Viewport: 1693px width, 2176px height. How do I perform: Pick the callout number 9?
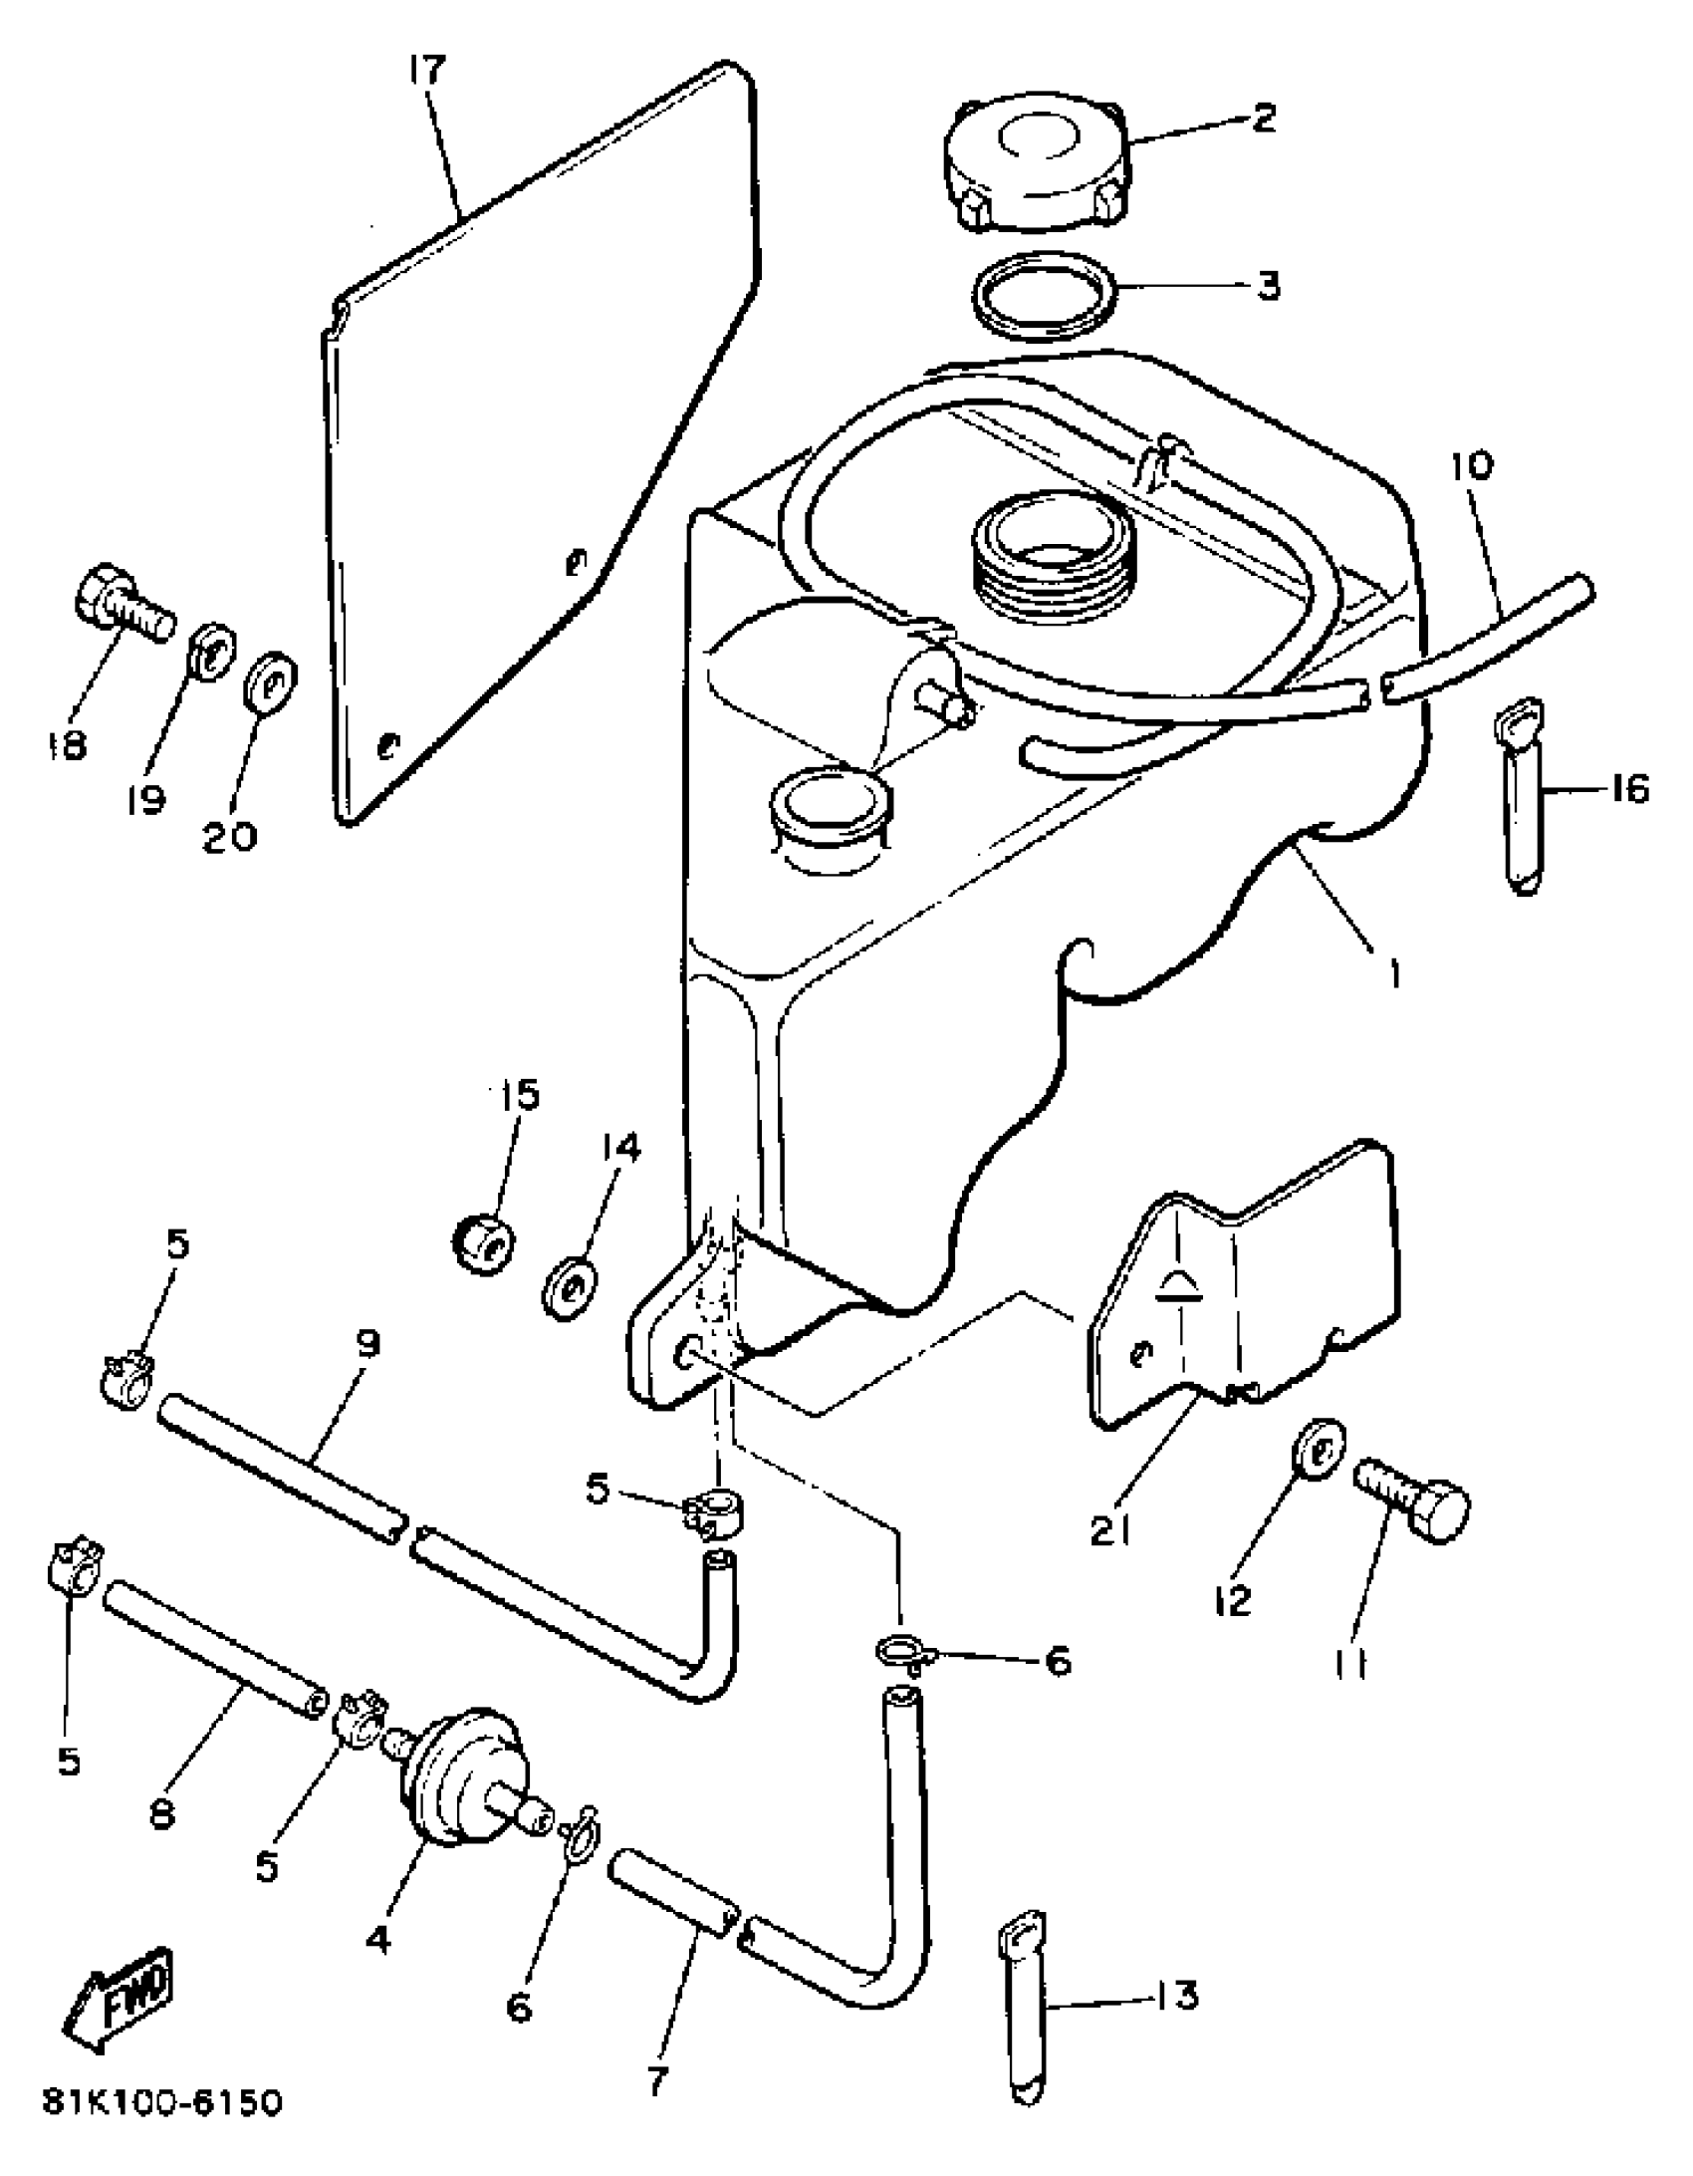coord(367,1344)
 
